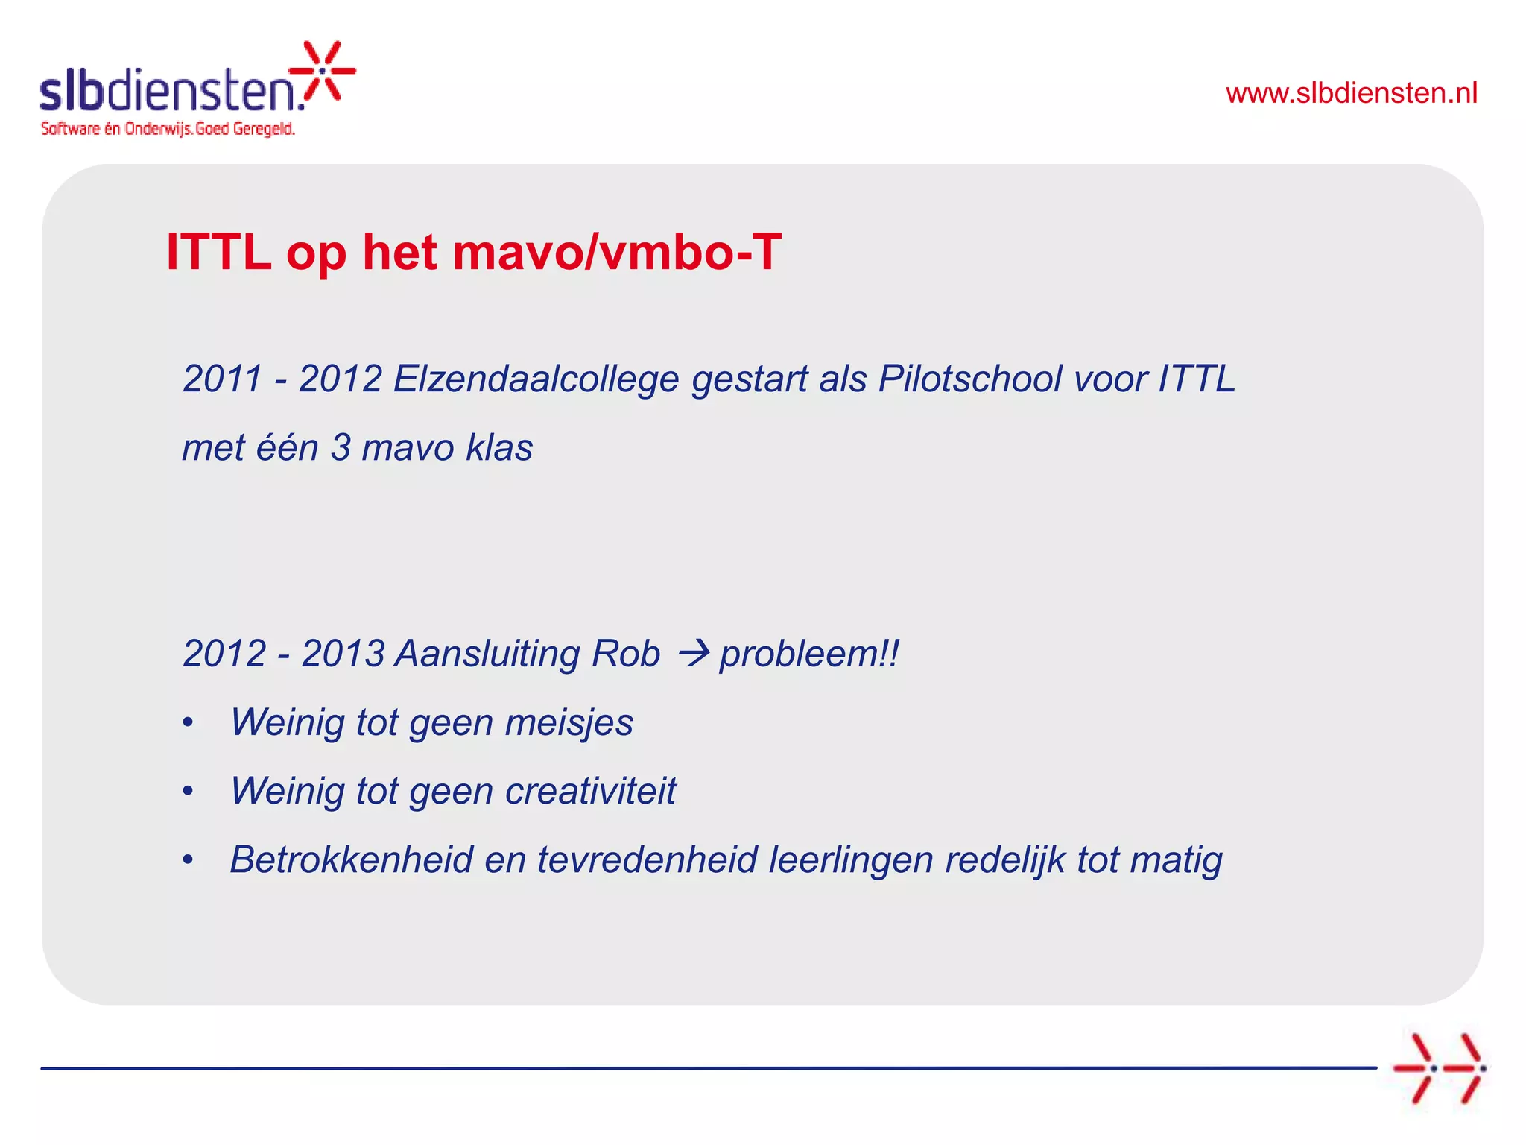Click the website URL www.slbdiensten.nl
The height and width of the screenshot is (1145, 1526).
1351,93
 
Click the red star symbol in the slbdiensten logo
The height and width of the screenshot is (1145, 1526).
323,71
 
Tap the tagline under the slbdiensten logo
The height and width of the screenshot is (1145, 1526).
168,129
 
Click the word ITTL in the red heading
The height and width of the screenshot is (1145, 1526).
218,252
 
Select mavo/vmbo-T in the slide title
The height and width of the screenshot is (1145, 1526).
617,252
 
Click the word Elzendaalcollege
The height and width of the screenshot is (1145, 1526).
536,379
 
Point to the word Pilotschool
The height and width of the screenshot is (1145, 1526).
970,379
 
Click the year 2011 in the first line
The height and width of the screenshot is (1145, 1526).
222,379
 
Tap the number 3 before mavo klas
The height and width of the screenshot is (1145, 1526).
341,448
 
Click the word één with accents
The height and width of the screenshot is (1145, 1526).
287,448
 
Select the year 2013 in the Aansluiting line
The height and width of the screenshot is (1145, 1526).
343,654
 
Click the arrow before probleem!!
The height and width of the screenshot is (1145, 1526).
693,654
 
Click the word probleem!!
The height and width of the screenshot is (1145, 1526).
809,654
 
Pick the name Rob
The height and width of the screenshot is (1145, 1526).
625,654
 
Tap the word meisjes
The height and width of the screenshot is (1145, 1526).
569,722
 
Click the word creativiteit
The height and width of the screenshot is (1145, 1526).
590,791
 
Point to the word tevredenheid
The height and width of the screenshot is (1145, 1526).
647,859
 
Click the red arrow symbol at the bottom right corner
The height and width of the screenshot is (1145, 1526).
1439,1068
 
